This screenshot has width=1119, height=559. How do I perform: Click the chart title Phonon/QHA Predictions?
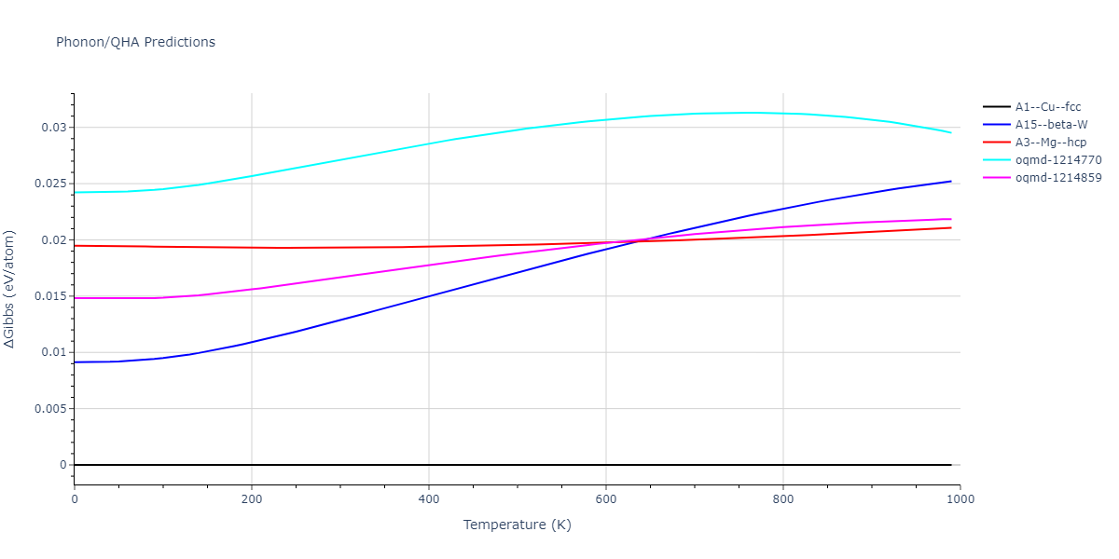[135, 42]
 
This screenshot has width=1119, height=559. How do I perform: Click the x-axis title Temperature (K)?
[517, 525]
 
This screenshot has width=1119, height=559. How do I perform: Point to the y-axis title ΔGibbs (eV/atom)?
[9, 289]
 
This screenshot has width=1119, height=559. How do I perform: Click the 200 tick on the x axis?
[252, 499]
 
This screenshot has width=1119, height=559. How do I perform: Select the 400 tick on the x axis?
[429, 499]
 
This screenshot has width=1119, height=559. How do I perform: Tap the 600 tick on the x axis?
[606, 499]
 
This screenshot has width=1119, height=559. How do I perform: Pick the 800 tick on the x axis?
[783, 499]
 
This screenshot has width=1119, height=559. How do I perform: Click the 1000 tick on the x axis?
[960, 499]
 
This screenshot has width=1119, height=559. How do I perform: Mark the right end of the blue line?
[951, 181]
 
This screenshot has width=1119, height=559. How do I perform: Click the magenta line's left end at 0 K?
[75, 298]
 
